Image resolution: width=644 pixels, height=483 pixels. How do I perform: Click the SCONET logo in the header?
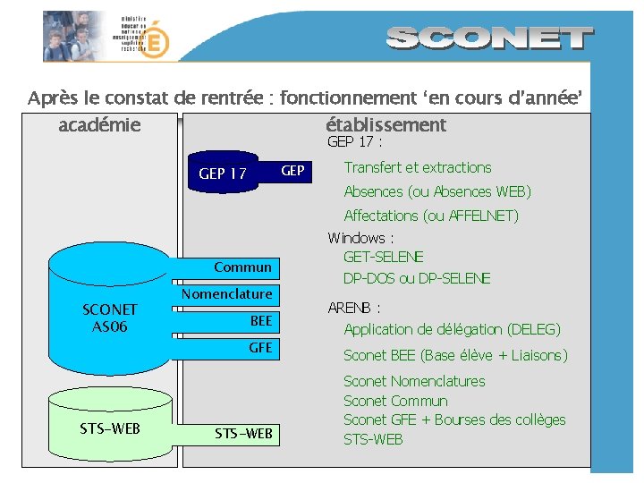point(491,38)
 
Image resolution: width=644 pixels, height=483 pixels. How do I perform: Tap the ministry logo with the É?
point(155,40)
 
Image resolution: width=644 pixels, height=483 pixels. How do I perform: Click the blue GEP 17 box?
point(224,173)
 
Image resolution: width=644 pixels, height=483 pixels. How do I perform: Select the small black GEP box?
point(292,171)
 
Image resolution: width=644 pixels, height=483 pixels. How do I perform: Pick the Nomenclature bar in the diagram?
point(227,294)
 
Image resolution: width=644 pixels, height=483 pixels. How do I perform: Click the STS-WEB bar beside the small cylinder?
point(242,435)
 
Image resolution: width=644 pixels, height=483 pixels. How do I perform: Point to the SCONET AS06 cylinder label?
point(110,318)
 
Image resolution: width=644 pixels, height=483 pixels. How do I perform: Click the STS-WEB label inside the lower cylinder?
point(110,428)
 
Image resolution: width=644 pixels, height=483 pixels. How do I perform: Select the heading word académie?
point(99,125)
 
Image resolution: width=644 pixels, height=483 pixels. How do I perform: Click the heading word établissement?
point(386,125)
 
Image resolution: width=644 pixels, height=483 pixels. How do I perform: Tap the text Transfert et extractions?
point(418,167)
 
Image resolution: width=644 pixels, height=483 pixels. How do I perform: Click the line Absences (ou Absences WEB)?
point(437,191)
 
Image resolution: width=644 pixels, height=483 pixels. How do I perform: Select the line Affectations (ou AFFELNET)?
point(431,216)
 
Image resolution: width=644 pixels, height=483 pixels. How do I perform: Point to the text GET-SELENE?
point(384,258)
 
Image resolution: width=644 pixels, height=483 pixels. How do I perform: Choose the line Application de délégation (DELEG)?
point(452,329)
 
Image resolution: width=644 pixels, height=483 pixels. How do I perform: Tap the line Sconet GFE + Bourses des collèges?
point(454,419)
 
